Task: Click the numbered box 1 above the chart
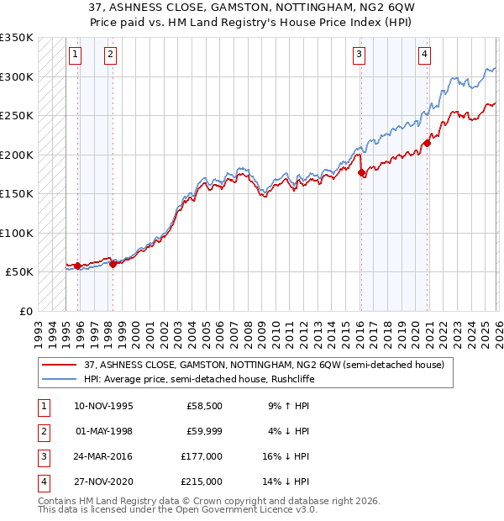76,55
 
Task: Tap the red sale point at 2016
361,173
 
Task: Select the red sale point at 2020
427,143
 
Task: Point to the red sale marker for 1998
113,264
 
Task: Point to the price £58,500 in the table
206,405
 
